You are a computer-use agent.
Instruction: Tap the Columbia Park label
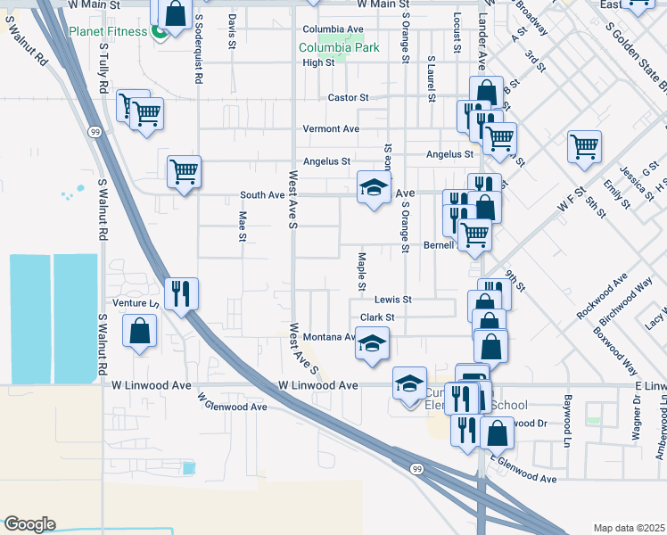click(338, 47)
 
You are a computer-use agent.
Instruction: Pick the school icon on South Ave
click(374, 187)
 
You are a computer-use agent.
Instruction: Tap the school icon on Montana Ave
click(372, 344)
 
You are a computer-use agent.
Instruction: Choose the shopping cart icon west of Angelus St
click(184, 171)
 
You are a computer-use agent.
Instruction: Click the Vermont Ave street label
click(330, 128)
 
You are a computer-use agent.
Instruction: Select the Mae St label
click(242, 226)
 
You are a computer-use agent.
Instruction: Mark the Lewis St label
click(392, 300)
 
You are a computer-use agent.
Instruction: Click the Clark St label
click(376, 317)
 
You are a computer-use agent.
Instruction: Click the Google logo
click(29, 523)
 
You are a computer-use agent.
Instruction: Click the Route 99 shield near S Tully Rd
click(94, 131)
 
